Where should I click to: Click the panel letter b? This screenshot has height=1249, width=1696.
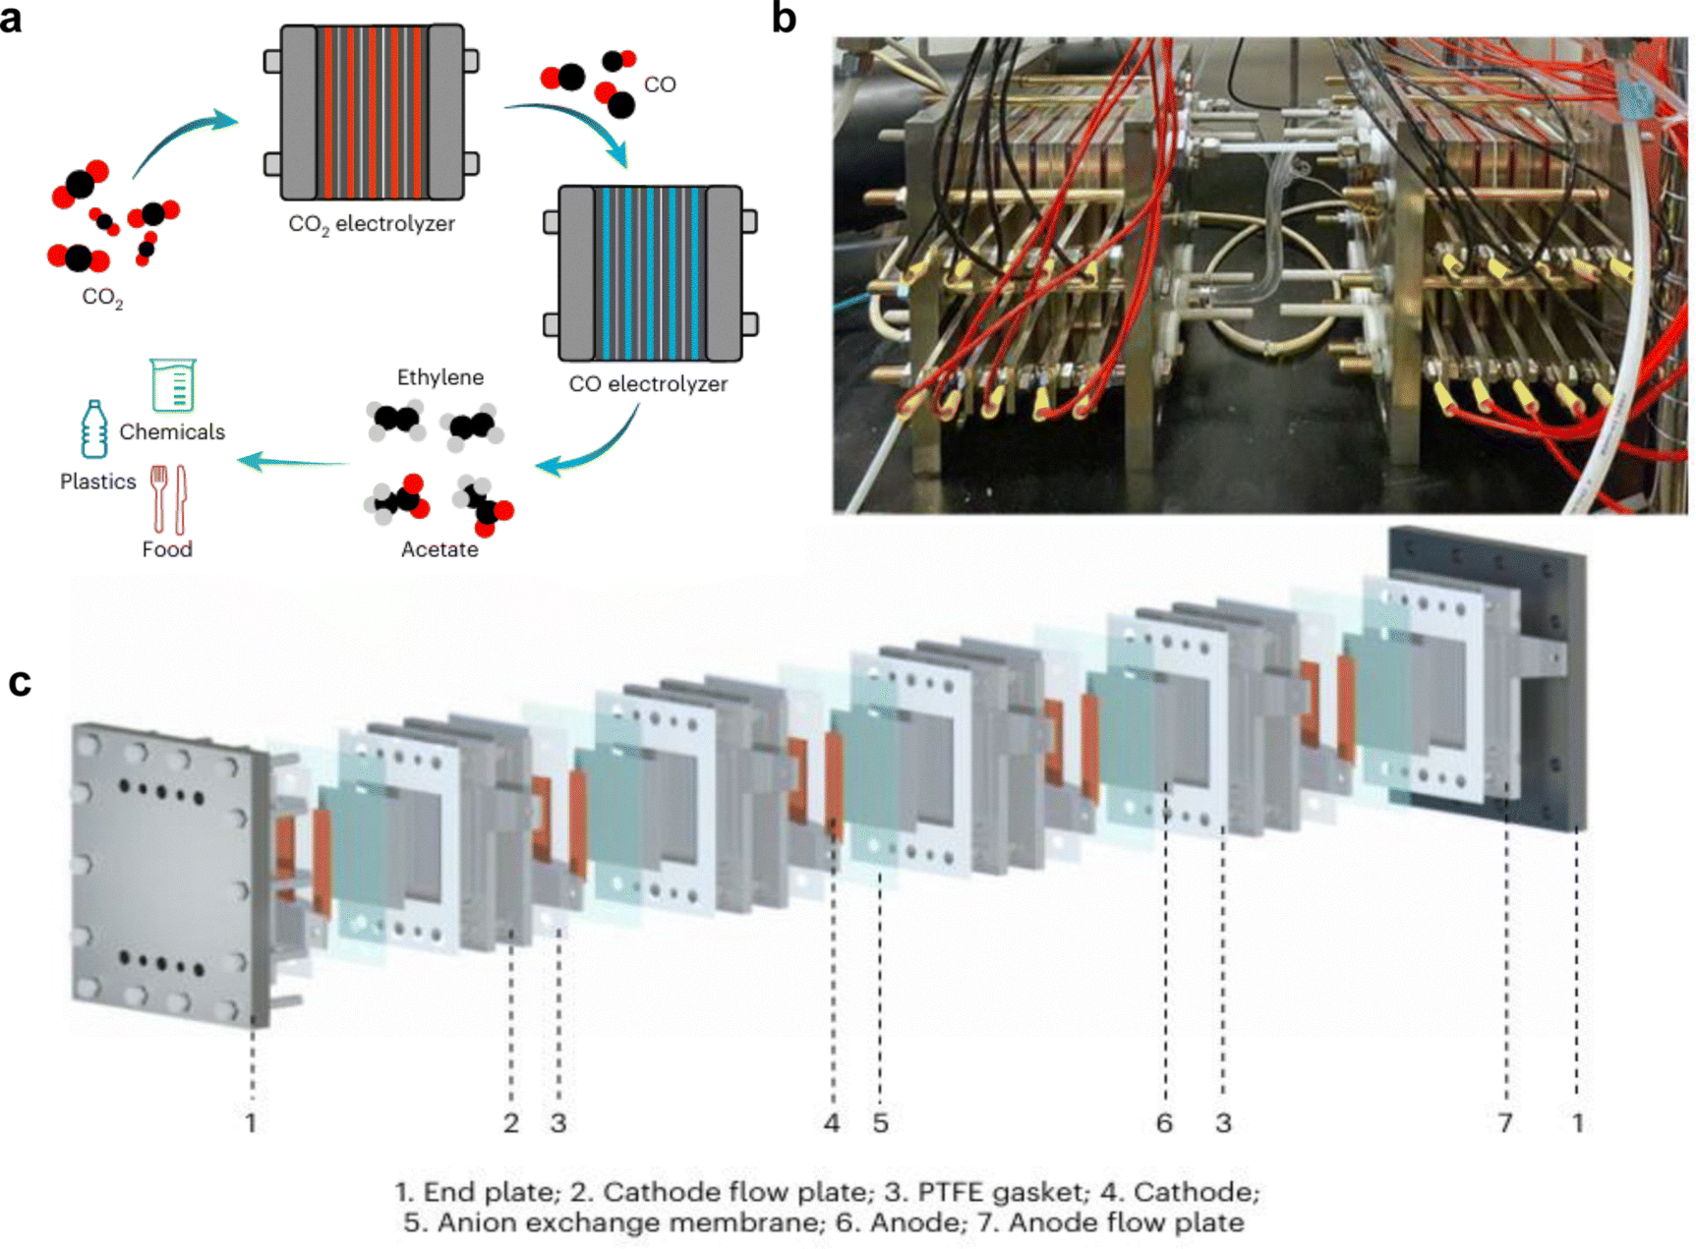784,19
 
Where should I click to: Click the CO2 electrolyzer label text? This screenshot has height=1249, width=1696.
372,224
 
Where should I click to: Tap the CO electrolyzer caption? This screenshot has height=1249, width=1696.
648,384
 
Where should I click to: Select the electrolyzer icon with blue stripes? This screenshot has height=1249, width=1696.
651,273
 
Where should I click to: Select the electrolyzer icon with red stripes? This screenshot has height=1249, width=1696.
372,112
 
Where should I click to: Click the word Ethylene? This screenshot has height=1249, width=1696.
439,377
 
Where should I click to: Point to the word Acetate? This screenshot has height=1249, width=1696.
439,549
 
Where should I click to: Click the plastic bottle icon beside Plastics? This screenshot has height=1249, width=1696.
94,429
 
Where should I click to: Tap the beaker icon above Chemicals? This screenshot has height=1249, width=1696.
174,384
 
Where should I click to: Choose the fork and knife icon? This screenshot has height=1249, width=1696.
168,498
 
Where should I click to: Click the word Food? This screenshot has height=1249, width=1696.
167,549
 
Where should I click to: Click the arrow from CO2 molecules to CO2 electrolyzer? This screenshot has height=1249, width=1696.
182,142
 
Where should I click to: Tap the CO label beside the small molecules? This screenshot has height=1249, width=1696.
660,85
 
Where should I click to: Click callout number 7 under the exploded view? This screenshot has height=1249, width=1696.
1505,1122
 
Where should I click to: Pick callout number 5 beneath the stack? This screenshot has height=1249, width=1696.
880,1122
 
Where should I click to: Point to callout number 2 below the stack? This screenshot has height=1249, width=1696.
511,1122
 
